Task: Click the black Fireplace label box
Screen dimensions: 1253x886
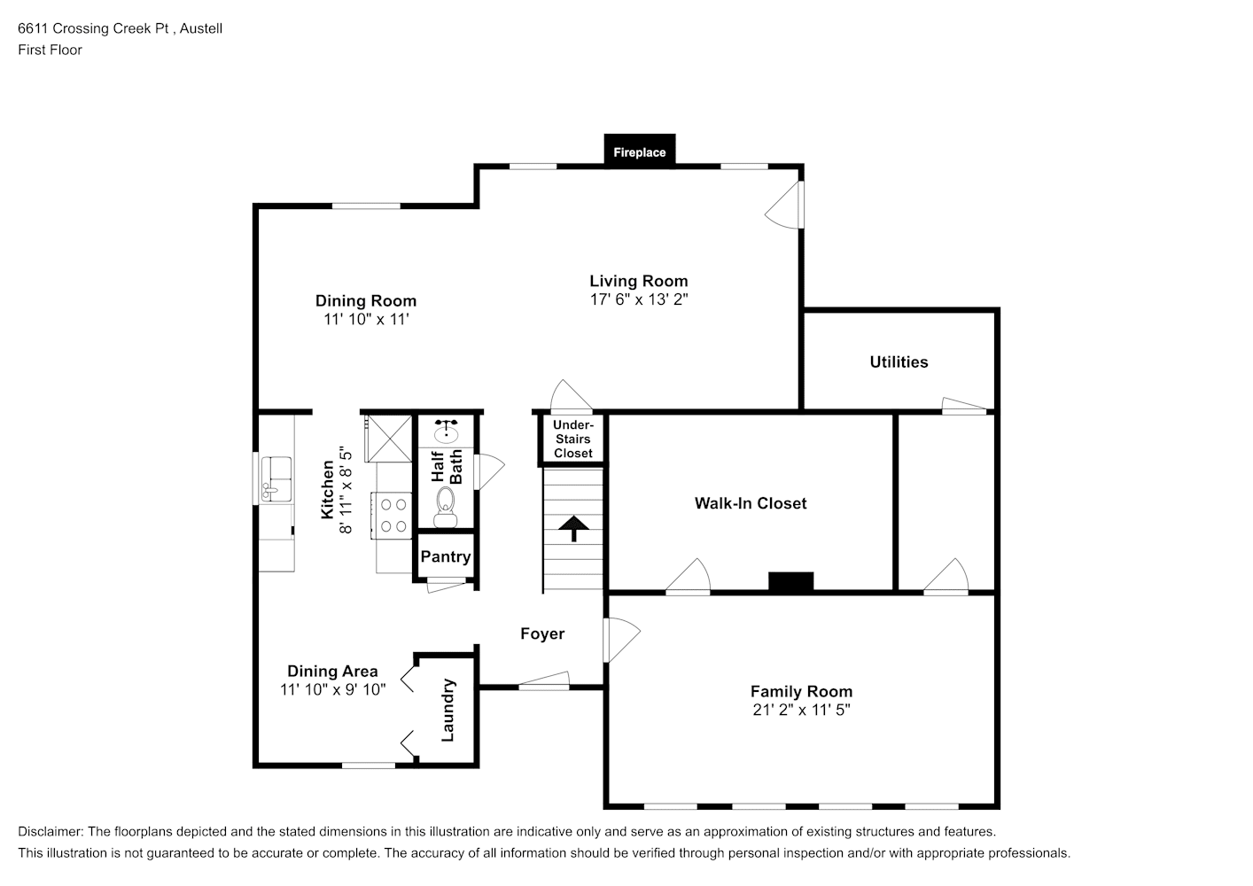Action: (x=640, y=151)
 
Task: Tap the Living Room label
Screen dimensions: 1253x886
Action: (x=639, y=281)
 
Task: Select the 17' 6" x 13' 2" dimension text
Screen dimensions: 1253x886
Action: (x=639, y=299)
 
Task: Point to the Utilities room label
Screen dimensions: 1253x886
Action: (x=899, y=361)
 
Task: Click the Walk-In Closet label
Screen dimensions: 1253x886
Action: (x=751, y=503)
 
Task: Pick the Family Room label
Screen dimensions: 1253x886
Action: (x=802, y=691)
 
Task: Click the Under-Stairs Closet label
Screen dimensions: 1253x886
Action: (x=573, y=439)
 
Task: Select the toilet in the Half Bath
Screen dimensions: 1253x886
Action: (x=446, y=508)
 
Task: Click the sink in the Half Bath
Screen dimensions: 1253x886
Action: (x=446, y=431)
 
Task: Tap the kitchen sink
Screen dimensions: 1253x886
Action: (x=276, y=479)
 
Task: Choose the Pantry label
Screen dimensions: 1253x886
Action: (x=446, y=556)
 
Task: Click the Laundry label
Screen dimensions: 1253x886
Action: (x=448, y=711)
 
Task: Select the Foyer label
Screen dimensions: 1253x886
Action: (x=542, y=633)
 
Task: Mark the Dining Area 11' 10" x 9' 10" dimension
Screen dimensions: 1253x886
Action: (x=333, y=689)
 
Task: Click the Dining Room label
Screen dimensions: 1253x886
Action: (x=366, y=301)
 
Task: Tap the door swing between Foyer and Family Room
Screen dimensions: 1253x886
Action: (x=621, y=641)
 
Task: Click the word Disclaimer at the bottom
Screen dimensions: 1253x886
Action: (x=51, y=831)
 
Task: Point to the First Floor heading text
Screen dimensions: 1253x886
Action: (x=50, y=50)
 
